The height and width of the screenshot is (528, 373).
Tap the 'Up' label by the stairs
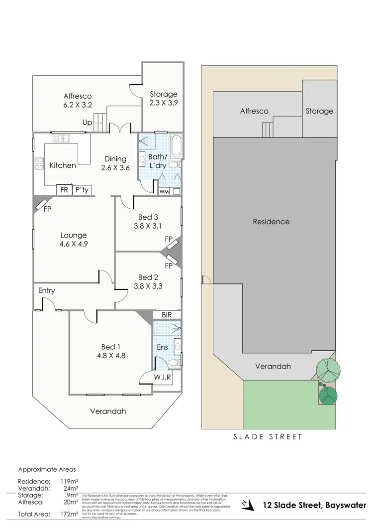coord(88,122)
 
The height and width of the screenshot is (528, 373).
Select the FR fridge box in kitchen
coord(64,190)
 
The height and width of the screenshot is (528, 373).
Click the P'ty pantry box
coord(80,190)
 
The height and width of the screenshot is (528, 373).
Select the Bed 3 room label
coord(148,217)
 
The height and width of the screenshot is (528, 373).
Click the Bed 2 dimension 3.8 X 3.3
coord(148,286)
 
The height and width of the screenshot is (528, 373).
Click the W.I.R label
coord(162,377)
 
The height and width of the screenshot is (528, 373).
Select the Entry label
coord(46,291)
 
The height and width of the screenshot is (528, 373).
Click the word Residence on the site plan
coord(271,222)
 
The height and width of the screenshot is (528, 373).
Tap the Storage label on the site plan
coord(319,111)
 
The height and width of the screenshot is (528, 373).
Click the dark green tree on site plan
coord(328,396)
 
